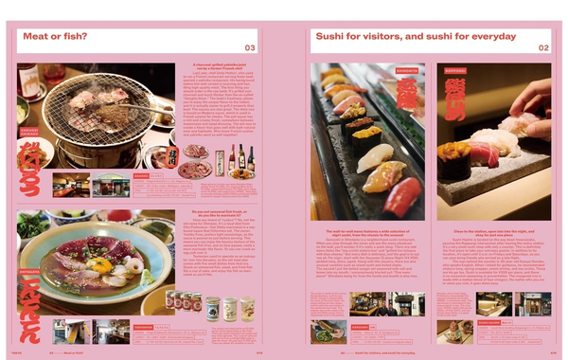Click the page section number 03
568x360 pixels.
250,47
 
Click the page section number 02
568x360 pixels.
543,47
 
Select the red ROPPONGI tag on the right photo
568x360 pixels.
453,70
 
